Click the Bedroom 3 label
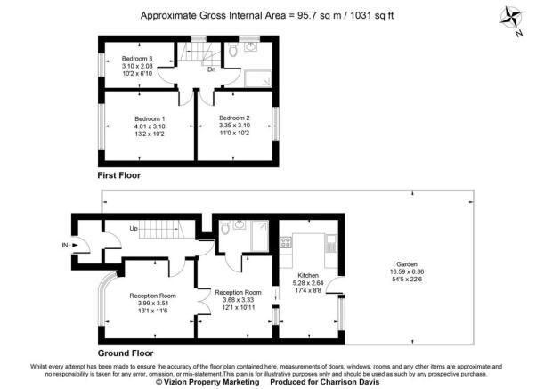pyautogui.click(x=136, y=60)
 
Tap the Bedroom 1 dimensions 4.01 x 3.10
pyautogui.click(x=150, y=126)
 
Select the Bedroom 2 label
pyautogui.click(x=235, y=118)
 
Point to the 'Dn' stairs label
pyautogui.click(x=211, y=69)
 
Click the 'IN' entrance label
pyautogui.click(x=64, y=245)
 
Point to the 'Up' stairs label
pyautogui.click(x=135, y=230)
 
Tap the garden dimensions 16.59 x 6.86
pyautogui.click(x=409, y=272)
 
